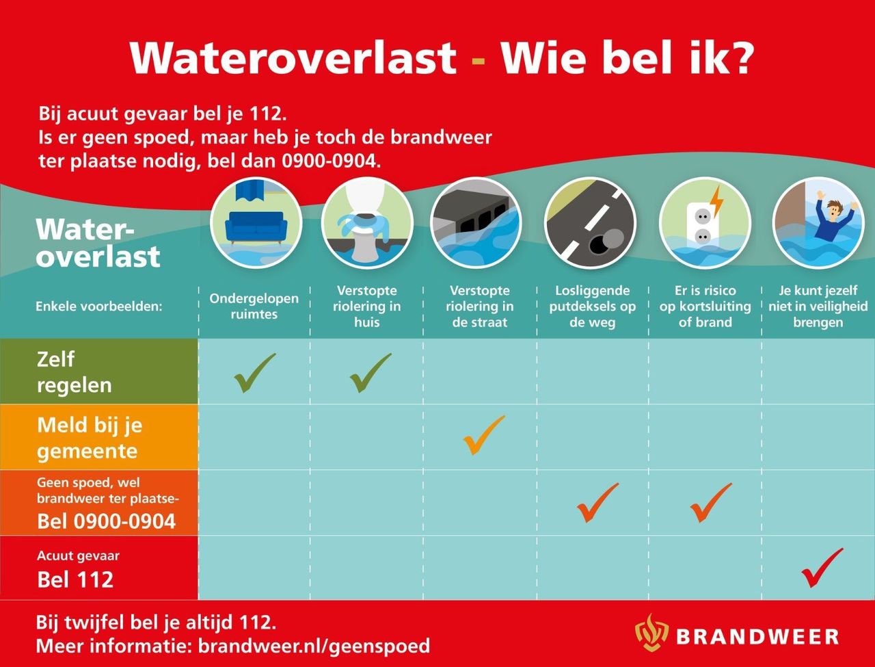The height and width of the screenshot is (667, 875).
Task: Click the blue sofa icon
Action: [255, 223]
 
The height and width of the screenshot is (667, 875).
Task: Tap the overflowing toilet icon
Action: [367, 223]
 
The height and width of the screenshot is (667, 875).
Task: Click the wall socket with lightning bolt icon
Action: [705, 223]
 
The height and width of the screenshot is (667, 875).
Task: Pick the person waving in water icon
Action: [818, 223]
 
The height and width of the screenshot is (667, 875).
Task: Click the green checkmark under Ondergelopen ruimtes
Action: [254, 372]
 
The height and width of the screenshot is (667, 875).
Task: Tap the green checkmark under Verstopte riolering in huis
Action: [369, 372]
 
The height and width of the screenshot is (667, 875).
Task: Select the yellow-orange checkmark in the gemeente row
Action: [483, 435]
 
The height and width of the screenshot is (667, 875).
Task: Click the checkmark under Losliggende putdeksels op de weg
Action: [597, 502]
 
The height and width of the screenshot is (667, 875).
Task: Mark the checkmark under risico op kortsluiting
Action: [710, 502]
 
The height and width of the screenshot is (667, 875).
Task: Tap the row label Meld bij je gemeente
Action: [90, 438]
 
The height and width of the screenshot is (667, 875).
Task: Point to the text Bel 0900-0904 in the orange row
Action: [106, 521]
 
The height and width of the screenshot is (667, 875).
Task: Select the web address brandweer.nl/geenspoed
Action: [314, 646]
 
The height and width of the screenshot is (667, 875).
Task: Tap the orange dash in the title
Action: [479, 59]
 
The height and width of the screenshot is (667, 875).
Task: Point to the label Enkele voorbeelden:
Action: [99, 306]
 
